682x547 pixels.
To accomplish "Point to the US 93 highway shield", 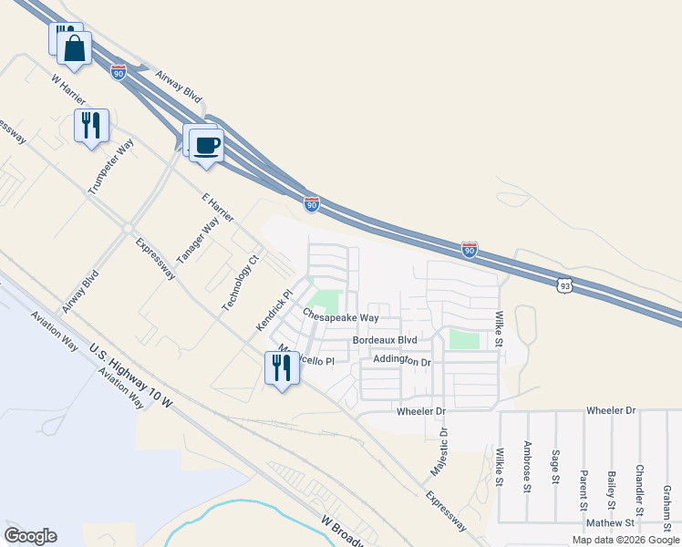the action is (566, 286).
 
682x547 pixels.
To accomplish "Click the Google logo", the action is (30, 536).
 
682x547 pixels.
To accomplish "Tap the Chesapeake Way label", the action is (340, 318).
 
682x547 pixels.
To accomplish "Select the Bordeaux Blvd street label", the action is (384, 340).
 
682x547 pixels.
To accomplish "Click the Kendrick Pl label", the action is (273, 309).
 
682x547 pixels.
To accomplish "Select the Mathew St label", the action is (610, 523).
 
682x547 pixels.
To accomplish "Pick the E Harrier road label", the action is (216, 207).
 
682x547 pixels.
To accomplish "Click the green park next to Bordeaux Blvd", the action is (464, 339).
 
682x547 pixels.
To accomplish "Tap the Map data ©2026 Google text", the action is (625, 540).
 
